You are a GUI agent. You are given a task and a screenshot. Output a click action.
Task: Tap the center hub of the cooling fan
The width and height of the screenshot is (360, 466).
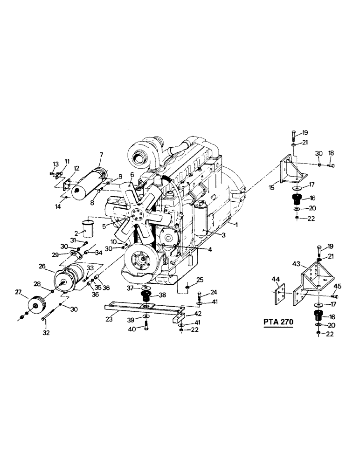pyautogui.click(x=137, y=216)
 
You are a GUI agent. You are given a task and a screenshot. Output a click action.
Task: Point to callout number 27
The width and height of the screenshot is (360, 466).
pyautogui.click(x=18, y=292)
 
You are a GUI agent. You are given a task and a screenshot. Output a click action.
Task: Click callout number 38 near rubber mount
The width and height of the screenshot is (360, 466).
pyautogui.click(x=163, y=295)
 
